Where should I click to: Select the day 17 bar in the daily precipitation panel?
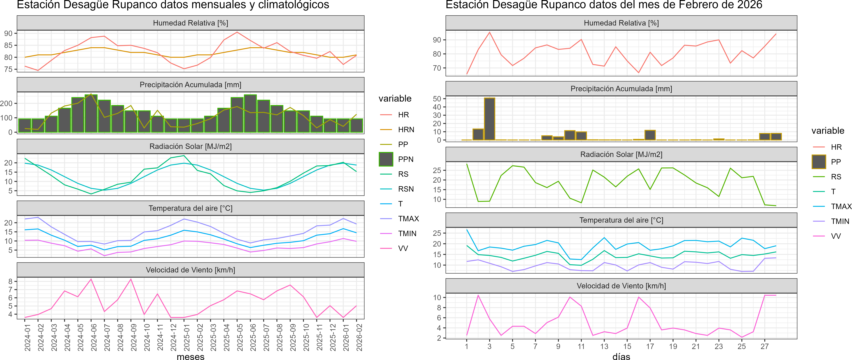coord(650,135)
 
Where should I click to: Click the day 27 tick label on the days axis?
coord(764,346)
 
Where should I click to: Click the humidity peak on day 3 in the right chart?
coord(489,32)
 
